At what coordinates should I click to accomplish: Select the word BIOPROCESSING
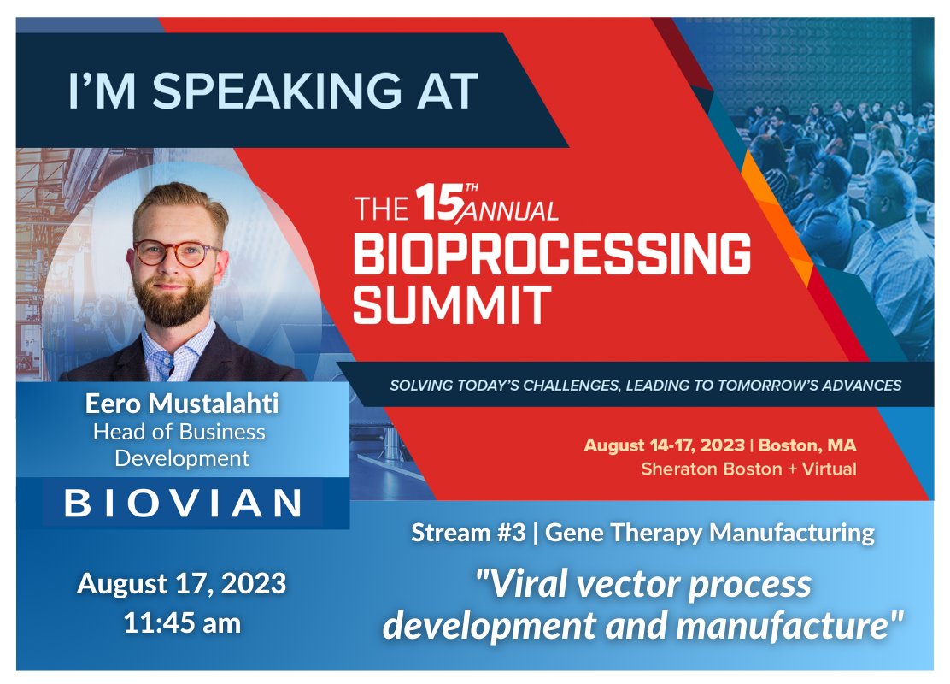(552, 254)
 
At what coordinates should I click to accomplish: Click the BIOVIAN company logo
(183, 502)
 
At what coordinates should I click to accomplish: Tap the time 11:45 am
(182, 622)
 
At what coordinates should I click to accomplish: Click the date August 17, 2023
(182, 584)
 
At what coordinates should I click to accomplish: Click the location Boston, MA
(807, 445)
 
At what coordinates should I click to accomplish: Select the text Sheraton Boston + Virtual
(748, 469)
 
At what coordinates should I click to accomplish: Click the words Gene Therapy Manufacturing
(709, 534)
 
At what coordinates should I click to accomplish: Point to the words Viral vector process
(642, 584)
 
